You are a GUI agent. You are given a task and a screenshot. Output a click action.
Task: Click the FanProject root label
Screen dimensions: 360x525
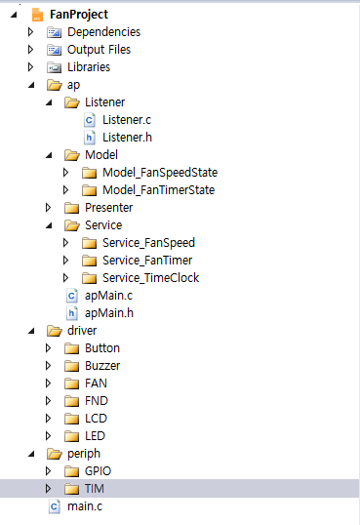(x=79, y=15)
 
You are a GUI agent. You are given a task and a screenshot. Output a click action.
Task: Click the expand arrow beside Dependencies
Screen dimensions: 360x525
(x=31, y=32)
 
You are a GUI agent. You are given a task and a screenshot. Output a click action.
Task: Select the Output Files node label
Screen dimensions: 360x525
(x=99, y=50)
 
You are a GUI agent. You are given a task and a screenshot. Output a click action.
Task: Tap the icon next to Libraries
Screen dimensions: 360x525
(x=54, y=67)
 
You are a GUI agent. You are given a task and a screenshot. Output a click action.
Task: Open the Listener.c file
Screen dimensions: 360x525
(x=127, y=120)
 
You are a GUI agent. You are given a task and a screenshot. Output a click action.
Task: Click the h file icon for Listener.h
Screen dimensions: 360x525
(x=89, y=138)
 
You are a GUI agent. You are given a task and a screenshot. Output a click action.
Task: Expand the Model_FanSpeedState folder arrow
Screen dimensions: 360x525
(x=65, y=173)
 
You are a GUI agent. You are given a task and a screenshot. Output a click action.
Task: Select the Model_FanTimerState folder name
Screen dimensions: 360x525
(x=158, y=190)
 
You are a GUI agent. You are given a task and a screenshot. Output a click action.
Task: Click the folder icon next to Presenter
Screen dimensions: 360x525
(x=71, y=208)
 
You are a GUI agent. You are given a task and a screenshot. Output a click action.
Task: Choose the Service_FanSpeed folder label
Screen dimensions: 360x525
(x=148, y=243)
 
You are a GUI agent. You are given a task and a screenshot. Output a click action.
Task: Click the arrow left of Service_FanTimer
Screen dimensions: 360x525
(x=65, y=261)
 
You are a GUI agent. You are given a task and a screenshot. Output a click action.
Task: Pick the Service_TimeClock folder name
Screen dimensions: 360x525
(x=150, y=278)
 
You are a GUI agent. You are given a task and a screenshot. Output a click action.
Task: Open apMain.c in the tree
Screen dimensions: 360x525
(x=108, y=296)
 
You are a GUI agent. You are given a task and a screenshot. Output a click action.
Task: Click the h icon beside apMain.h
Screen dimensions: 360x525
(x=71, y=313)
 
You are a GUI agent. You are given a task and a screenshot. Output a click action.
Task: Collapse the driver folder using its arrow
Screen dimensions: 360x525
(x=31, y=331)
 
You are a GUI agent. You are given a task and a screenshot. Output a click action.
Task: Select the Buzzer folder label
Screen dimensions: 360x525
(x=102, y=366)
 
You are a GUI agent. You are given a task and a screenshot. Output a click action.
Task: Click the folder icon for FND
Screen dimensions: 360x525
(x=71, y=401)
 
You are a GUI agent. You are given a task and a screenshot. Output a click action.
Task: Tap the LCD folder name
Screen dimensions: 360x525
(x=96, y=419)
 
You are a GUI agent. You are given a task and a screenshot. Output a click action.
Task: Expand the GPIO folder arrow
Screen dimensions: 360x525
(x=48, y=471)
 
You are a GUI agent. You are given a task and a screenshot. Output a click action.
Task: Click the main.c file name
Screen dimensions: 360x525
(x=85, y=506)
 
